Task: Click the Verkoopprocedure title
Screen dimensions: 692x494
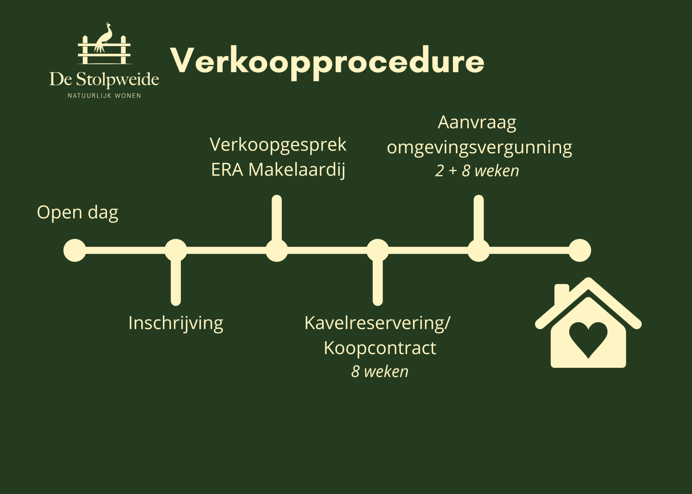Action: point(327,62)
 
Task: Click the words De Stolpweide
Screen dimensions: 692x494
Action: point(104,80)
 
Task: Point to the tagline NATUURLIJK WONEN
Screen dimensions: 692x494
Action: point(104,96)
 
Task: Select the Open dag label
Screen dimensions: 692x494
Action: point(77,213)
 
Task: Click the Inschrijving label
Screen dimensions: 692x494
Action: point(176,323)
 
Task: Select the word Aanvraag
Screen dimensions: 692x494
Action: point(477,123)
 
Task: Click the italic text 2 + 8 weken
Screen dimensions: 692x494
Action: point(477,171)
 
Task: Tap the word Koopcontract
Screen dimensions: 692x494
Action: point(380,348)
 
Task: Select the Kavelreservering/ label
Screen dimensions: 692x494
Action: point(377,323)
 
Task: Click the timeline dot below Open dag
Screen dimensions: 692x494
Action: point(75,250)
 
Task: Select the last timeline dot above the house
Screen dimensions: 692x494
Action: point(580,250)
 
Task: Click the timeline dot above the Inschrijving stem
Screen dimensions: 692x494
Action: point(176,250)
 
